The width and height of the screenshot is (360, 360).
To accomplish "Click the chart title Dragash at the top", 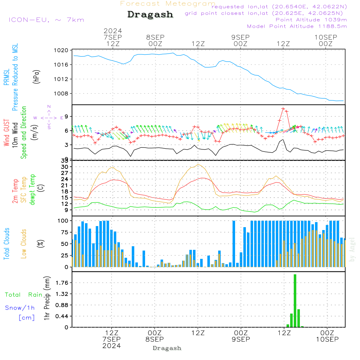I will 150,15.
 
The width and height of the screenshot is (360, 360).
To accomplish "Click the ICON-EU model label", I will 46,19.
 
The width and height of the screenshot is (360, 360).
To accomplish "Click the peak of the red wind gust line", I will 283,108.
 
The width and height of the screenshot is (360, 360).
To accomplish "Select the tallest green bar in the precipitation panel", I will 295,301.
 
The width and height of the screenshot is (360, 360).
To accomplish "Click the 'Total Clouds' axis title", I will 7,244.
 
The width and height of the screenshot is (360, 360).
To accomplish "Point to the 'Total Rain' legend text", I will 24,295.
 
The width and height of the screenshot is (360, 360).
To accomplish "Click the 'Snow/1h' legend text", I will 20,308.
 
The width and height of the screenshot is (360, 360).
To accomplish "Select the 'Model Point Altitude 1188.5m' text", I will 297,26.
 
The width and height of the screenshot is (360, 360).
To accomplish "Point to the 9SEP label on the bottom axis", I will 240,339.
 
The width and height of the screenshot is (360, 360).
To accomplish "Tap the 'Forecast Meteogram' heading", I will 168,4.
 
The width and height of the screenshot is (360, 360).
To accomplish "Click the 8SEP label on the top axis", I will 155,37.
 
